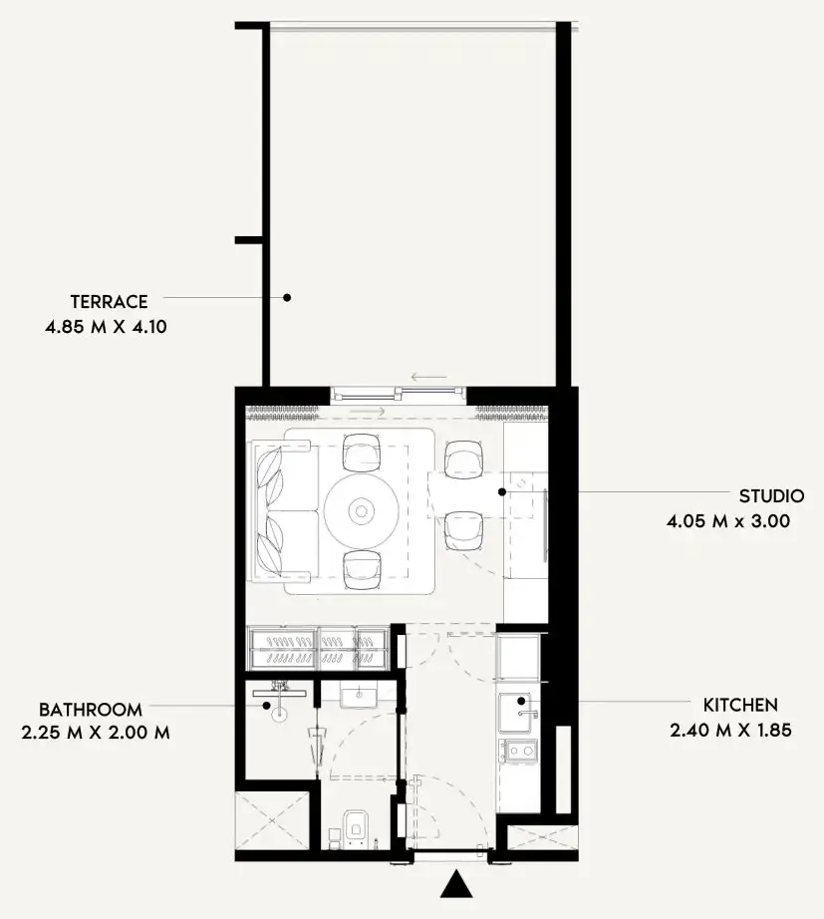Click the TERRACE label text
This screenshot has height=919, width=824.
(x=109, y=301)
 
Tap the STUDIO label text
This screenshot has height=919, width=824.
(x=771, y=495)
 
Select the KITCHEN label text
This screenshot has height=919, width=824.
(x=740, y=705)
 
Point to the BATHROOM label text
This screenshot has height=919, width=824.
(x=91, y=709)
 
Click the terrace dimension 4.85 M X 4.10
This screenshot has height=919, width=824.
(x=106, y=327)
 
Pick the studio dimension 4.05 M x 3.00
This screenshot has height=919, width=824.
(x=728, y=521)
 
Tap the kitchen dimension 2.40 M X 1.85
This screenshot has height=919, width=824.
(x=730, y=730)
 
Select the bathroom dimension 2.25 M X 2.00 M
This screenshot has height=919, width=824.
(x=96, y=733)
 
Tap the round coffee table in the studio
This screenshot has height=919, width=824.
(x=362, y=511)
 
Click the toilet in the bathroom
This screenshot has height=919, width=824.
(x=356, y=826)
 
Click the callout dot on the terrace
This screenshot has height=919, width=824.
(x=287, y=298)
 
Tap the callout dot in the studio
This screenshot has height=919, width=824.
(x=502, y=491)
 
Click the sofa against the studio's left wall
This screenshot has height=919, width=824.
(x=285, y=512)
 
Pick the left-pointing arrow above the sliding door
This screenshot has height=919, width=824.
(x=429, y=377)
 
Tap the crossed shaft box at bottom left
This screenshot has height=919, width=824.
(x=272, y=820)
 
